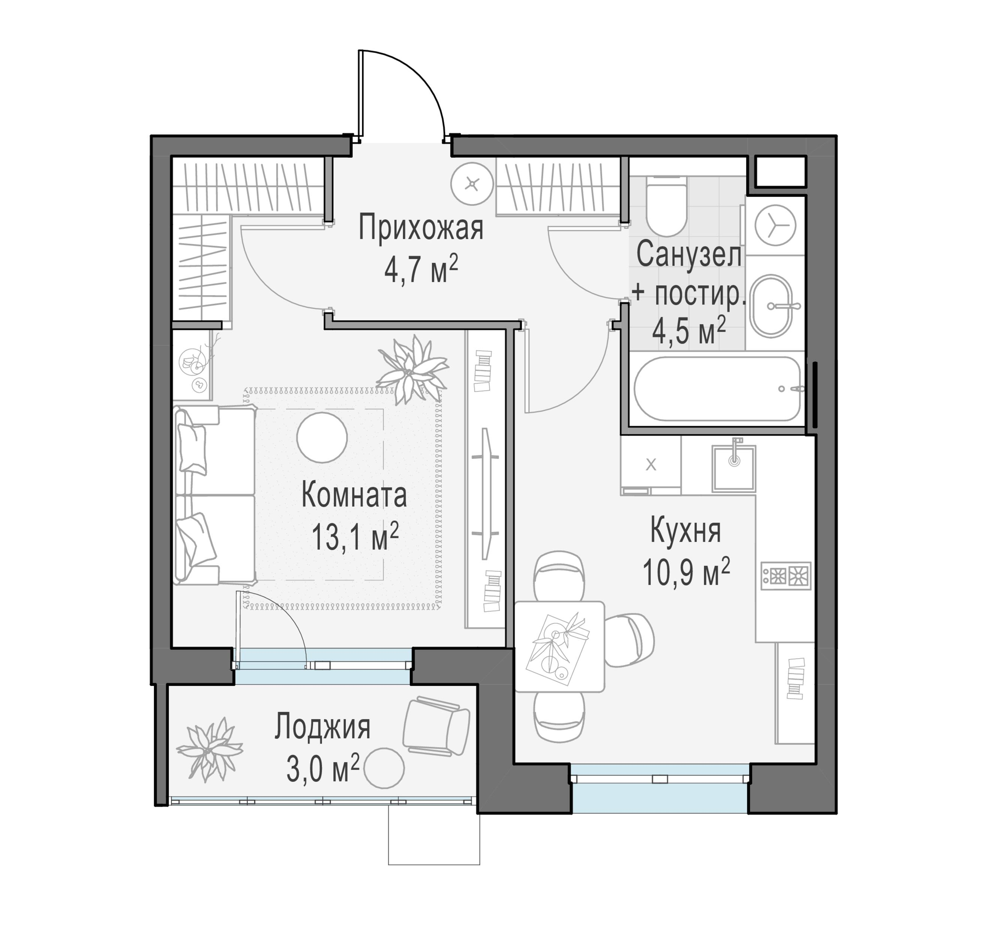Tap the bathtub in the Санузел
tap(717, 389)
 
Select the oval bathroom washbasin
tap(771, 306)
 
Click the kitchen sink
tap(733, 468)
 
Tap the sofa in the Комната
tap(215, 495)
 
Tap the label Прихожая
tap(421, 228)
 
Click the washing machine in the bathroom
tap(775, 225)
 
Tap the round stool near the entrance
tap(472, 184)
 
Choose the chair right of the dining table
tap(629, 640)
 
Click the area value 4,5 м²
tap(689, 330)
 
